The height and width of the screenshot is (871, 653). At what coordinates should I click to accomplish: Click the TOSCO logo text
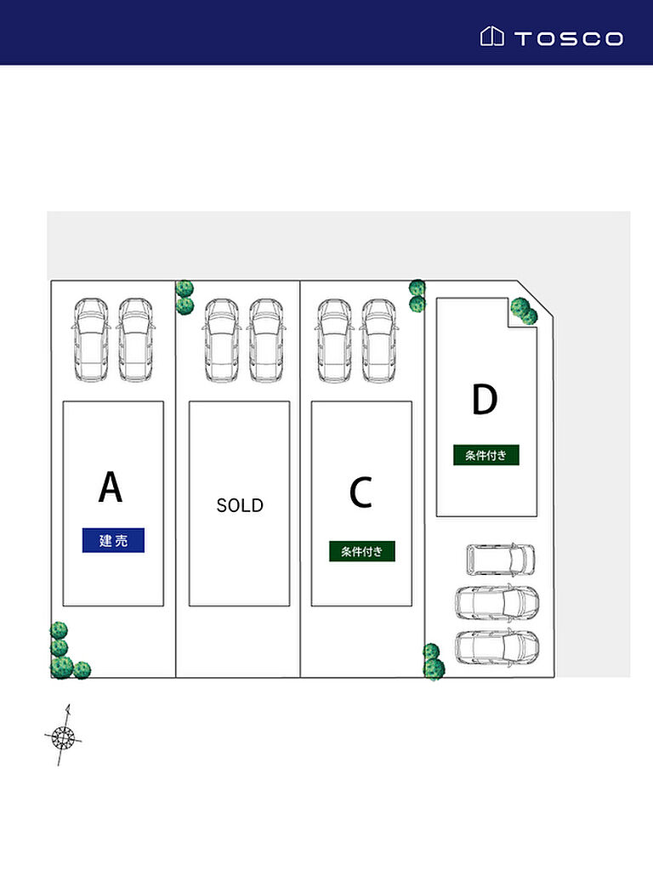(568, 38)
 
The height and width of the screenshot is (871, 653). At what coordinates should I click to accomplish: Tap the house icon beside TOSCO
(491, 37)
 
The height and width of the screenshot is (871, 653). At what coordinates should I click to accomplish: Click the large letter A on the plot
(111, 487)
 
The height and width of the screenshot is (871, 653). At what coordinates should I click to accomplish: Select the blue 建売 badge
(113, 540)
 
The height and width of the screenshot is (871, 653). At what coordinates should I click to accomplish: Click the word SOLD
(240, 505)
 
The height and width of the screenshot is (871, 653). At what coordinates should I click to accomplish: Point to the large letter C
(361, 492)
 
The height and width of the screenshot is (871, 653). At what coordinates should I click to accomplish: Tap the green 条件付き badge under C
(362, 551)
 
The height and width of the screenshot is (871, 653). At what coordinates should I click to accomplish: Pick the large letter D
(484, 401)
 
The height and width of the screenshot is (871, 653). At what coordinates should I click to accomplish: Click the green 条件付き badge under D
(485, 455)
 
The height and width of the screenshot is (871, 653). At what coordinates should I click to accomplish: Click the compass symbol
(62, 736)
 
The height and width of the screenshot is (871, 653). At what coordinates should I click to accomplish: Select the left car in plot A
(91, 339)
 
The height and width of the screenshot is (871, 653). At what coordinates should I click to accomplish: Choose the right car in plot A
(135, 339)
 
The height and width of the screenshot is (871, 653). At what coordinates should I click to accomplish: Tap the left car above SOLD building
(221, 339)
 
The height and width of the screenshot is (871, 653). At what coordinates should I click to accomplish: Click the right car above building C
(378, 339)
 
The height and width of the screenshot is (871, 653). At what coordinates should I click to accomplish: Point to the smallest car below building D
(501, 559)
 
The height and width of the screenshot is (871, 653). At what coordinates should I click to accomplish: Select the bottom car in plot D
(497, 647)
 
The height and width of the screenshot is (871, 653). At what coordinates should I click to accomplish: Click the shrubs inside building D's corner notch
(524, 311)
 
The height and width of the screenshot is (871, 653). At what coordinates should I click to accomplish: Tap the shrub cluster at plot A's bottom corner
(64, 656)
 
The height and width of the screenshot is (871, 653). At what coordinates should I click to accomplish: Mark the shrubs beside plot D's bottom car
(433, 662)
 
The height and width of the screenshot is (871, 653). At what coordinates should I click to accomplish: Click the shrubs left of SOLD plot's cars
(185, 297)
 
